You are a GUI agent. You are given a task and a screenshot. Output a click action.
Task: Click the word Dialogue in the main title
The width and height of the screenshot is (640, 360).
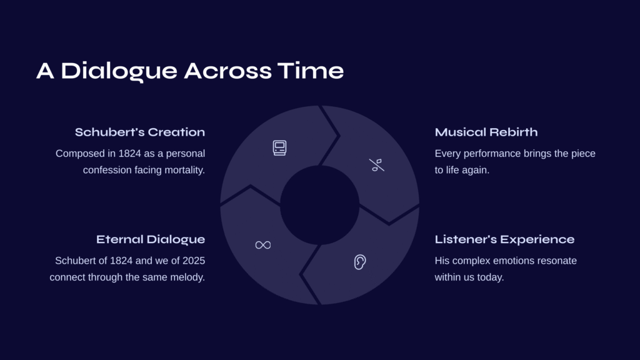coord(119,71)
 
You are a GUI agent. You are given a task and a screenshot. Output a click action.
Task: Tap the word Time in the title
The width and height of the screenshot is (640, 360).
coord(311,71)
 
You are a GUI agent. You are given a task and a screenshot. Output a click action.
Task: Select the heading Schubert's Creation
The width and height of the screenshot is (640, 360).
coord(140,132)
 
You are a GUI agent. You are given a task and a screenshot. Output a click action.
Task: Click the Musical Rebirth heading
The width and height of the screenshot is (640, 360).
coord(486,132)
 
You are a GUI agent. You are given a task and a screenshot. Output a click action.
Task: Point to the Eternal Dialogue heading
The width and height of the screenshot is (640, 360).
coord(151,239)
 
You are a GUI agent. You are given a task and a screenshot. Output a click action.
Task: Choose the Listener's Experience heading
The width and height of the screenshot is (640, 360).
coord(504,239)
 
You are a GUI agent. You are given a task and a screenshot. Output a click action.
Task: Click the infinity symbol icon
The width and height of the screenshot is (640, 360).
coord(263,245)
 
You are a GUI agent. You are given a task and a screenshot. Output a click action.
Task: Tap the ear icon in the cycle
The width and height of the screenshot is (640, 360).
coord(360,262)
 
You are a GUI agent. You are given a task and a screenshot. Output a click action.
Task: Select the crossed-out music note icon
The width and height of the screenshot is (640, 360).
coord(377,165)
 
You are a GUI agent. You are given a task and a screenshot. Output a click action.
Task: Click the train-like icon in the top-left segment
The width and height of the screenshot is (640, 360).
coord(279,147)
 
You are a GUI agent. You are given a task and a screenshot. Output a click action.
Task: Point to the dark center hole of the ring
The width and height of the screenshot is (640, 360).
coord(319,205)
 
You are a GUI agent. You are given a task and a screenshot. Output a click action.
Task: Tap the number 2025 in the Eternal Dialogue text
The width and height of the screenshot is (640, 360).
coord(194,261)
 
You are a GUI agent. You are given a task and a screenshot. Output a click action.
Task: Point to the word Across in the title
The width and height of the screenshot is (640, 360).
coord(227,71)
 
